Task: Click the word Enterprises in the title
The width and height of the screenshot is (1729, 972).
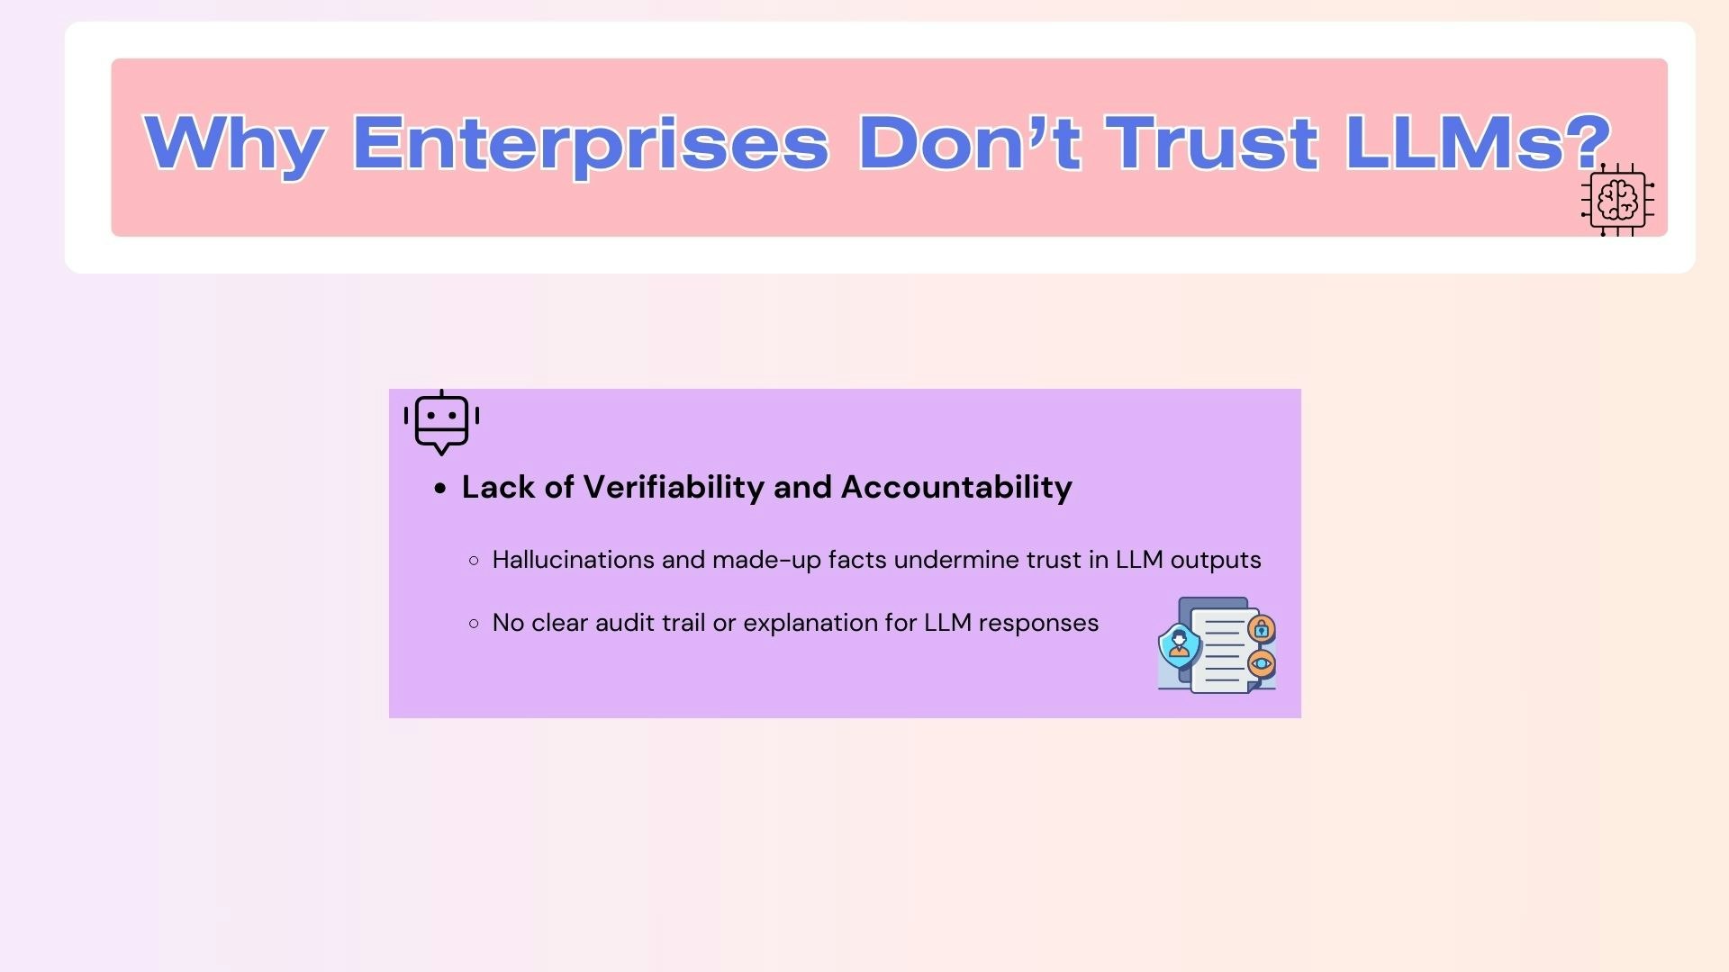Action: coord(590,142)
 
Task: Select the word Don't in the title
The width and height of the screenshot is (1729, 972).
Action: coord(969,142)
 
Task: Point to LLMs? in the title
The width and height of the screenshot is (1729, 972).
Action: coord(1478,142)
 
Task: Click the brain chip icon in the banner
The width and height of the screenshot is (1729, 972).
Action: coord(1617,200)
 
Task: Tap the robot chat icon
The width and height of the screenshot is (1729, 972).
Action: coord(441,422)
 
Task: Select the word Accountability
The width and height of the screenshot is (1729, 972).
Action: coord(956,487)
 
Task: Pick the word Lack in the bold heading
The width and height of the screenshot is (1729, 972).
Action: coord(499,487)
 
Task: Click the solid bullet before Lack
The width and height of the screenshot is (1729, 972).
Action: coord(440,489)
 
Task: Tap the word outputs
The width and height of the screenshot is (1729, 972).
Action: coord(1216,560)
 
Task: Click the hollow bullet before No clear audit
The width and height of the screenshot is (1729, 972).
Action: coord(475,623)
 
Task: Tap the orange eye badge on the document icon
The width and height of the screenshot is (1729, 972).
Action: coord(1262,664)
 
